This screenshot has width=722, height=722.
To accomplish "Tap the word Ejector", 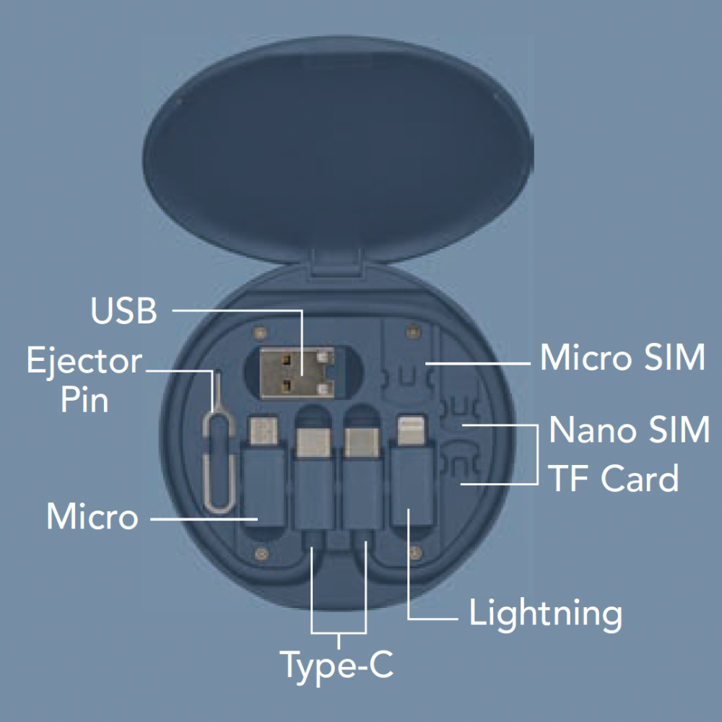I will pyautogui.click(x=84, y=360).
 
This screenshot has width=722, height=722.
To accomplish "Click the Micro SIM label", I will pyautogui.click(x=622, y=357).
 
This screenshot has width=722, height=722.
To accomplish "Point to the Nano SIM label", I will pyautogui.click(x=629, y=430).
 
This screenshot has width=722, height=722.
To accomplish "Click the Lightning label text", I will pyautogui.click(x=545, y=614).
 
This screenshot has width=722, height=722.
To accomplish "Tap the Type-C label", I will pyautogui.click(x=337, y=665).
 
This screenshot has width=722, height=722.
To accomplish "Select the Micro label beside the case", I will pyautogui.click(x=92, y=517).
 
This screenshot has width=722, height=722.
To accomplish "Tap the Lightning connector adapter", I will pyautogui.click(x=410, y=477).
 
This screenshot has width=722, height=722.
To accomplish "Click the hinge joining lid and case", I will pyautogui.click(x=339, y=264).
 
